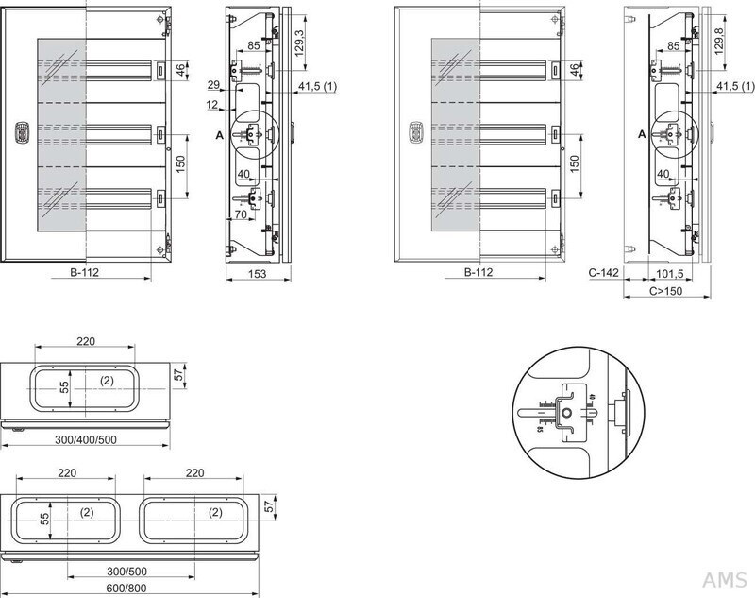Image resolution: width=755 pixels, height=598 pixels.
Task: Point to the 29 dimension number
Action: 213,85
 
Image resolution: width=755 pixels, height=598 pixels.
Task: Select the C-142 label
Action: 601,273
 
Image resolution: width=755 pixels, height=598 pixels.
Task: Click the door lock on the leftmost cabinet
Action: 15,133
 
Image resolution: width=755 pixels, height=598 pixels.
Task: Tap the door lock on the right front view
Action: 411,133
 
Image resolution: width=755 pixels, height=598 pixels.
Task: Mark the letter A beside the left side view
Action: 220,136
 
